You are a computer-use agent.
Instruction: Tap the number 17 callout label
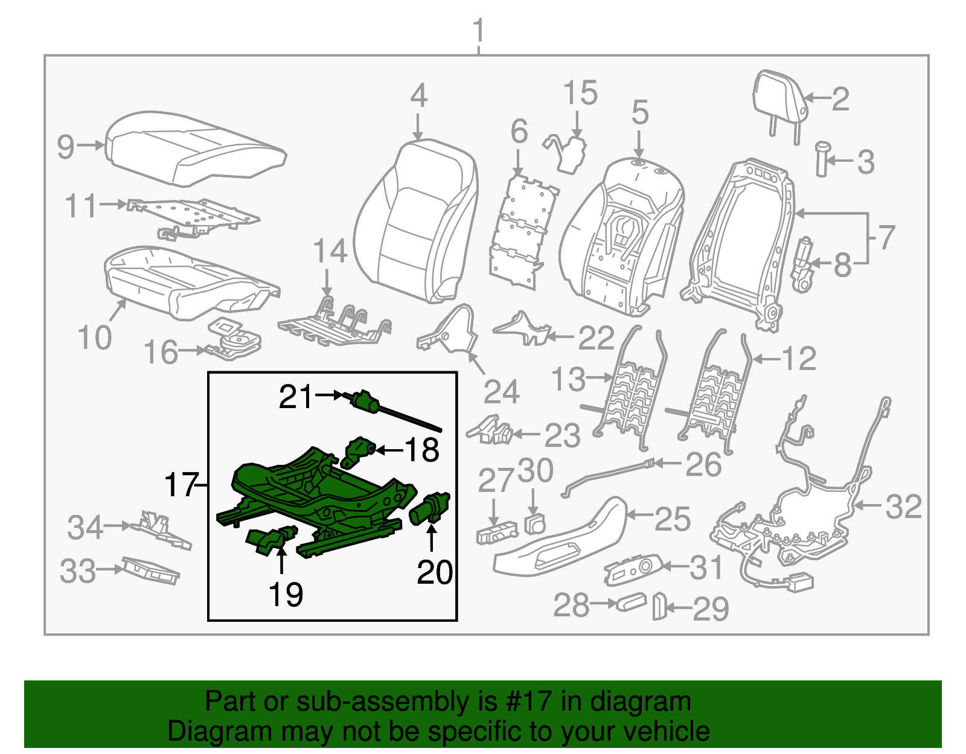(181, 485)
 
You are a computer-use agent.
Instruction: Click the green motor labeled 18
(359, 452)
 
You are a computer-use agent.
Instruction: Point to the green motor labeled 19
(270, 539)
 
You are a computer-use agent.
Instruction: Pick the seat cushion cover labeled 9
(193, 148)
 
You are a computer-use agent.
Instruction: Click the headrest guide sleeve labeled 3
(822, 159)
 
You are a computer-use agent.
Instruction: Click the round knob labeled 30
(534, 523)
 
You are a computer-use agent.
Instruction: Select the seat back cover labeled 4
(417, 223)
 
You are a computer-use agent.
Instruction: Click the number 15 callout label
(580, 94)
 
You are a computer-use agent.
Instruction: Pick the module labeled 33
(150, 570)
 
